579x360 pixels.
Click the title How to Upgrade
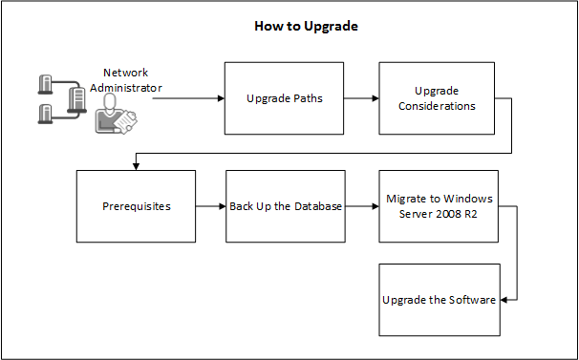306,26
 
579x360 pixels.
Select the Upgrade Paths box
283,98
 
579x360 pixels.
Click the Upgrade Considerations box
438,98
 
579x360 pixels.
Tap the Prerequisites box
136,205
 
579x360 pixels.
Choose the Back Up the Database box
286,205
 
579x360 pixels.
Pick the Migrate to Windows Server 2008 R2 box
439,205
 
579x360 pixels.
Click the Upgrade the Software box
439,300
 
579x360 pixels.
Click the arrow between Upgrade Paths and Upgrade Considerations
360,98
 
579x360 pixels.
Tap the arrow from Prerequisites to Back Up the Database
210,206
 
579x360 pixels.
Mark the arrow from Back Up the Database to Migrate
361,206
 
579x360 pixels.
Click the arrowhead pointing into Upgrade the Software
505,300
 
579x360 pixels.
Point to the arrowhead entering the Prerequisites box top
136,165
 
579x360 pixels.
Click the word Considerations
438,106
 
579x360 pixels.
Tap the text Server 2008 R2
439,213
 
